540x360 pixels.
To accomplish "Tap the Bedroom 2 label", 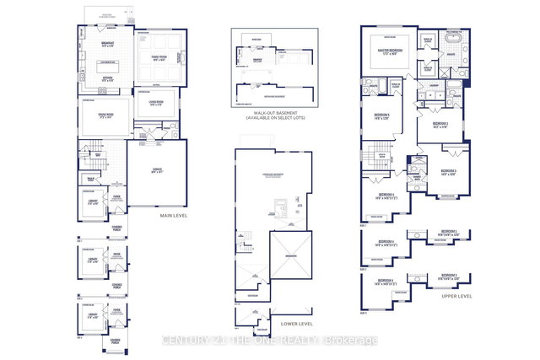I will point(440,125).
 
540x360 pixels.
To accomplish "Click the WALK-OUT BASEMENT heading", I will point(278,113).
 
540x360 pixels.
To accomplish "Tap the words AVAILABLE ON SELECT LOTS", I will point(278,119).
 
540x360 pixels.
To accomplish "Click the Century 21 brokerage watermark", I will point(270,340).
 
